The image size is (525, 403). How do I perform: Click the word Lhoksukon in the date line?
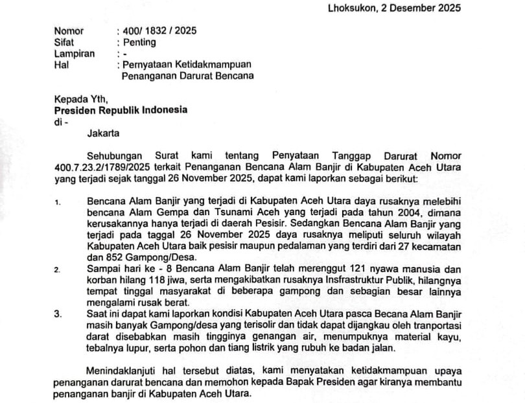[350, 8]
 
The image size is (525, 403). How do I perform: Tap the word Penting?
[139, 42]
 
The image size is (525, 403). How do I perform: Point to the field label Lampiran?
[74, 53]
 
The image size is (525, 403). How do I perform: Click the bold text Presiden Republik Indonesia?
[121, 109]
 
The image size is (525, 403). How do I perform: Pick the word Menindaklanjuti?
[123, 370]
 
